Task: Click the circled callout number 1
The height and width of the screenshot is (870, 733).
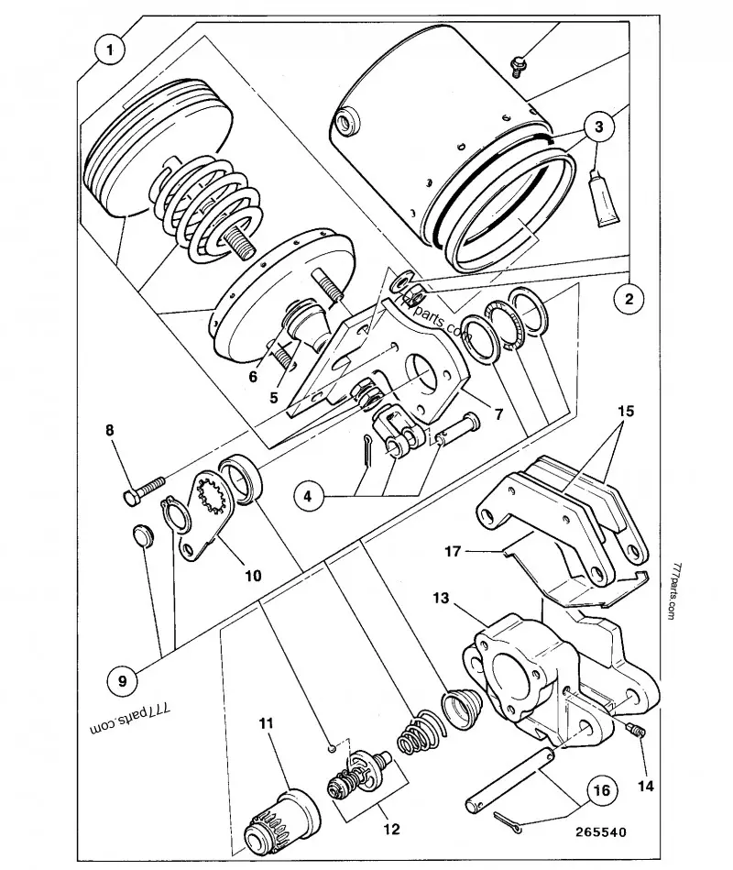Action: pyautogui.click(x=110, y=50)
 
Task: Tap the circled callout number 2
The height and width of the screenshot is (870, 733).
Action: pyautogui.click(x=629, y=299)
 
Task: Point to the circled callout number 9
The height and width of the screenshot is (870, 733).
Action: pyautogui.click(x=123, y=680)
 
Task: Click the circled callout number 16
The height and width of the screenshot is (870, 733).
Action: pyautogui.click(x=602, y=790)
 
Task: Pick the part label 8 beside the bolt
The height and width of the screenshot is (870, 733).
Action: pyautogui.click(x=110, y=430)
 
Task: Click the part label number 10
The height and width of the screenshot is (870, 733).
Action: pyautogui.click(x=253, y=576)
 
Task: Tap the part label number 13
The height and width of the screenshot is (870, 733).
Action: pyautogui.click(x=441, y=598)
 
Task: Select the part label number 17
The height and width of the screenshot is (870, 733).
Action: pyautogui.click(x=453, y=552)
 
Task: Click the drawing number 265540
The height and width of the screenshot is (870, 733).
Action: pyautogui.click(x=601, y=832)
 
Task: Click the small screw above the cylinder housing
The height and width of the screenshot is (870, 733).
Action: pyautogui.click(x=519, y=65)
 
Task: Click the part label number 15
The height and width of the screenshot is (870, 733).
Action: pyautogui.click(x=626, y=411)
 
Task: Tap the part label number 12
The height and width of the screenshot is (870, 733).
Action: pyautogui.click(x=391, y=829)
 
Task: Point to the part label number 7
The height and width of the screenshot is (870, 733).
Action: pyautogui.click(x=498, y=414)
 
